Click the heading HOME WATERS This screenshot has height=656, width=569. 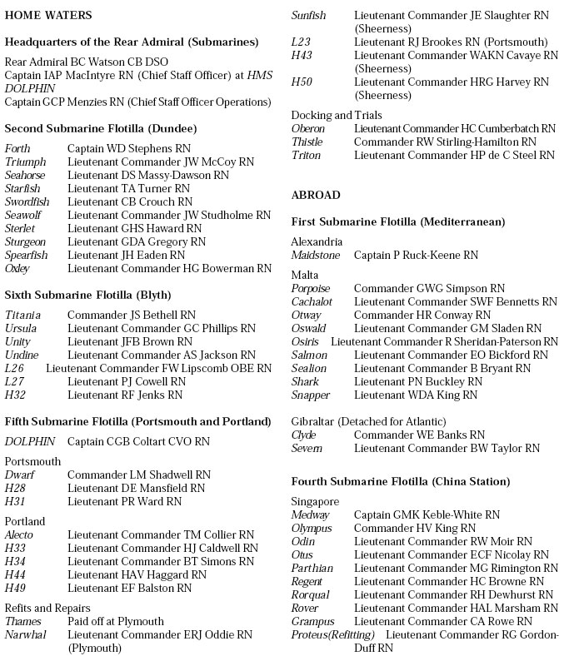tap(48, 15)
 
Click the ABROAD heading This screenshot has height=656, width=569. tap(316, 195)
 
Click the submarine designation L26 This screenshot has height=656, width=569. tap(14, 368)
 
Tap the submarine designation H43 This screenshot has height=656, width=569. tap(301, 55)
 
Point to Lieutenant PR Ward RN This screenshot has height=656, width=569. tap(124, 501)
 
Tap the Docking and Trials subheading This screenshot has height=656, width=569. tap(337, 115)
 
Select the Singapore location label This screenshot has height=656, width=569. tap(315, 501)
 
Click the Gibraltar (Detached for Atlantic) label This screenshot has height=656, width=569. tap(368, 421)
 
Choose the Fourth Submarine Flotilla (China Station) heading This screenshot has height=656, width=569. tap(401, 481)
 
